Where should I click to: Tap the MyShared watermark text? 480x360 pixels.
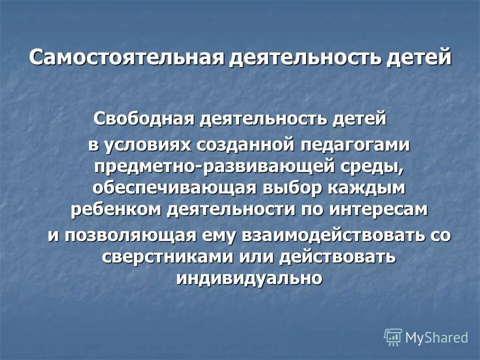pyautogui.click(x=437, y=337)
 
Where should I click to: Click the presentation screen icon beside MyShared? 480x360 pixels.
pyautogui.click(x=393, y=337)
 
